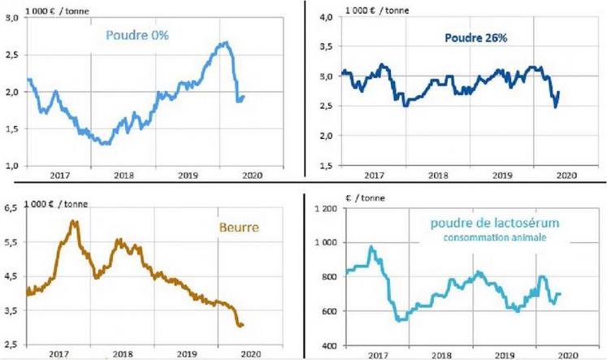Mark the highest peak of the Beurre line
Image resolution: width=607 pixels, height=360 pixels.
pyautogui.click(x=74, y=221)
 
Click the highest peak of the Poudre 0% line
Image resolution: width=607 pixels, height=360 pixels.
pyautogui.click(x=225, y=42)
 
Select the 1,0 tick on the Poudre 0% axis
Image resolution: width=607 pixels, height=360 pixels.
pyautogui.click(x=11, y=165)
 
